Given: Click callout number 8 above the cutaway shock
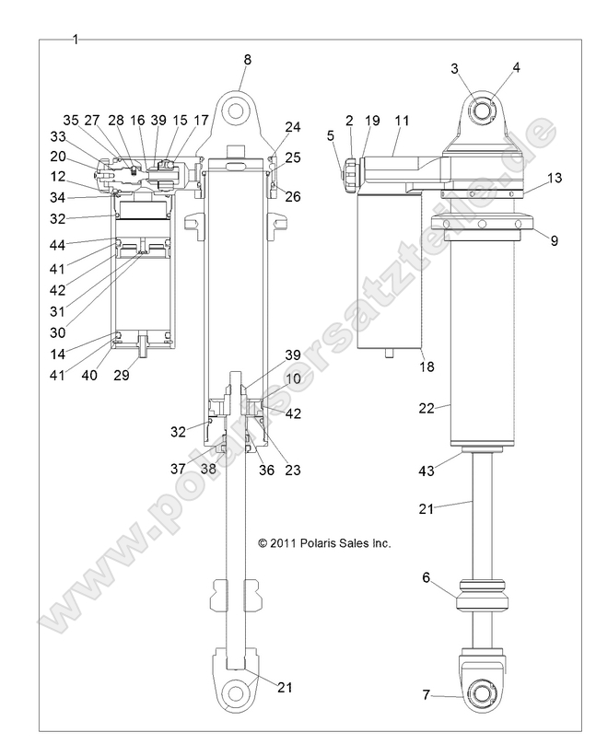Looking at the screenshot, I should (247, 60).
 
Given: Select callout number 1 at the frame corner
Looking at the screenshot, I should (76, 39).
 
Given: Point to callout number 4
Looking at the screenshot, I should (516, 67).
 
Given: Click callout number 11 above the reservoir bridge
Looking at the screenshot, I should (402, 121).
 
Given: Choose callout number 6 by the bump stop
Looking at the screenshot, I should (425, 577).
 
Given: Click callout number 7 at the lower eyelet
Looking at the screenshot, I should (425, 697).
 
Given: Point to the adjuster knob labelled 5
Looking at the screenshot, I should (352, 170).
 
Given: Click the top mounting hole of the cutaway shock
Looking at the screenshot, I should (239, 110).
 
